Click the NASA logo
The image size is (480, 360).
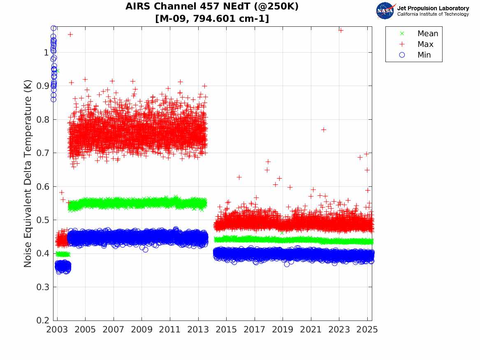point(385,11)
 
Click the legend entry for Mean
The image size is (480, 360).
point(427,34)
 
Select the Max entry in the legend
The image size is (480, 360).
point(425,44)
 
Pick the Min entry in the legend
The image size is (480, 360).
point(424,55)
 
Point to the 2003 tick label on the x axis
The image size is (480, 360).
point(57,330)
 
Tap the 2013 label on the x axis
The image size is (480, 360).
point(198,330)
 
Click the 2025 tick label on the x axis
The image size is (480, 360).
point(367,330)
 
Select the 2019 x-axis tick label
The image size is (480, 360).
point(283,330)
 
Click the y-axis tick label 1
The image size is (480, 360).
point(45,52)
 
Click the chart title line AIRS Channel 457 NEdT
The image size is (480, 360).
point(212,7)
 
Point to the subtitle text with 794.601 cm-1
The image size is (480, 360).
point(212,19)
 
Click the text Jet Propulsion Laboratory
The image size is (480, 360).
point(433,8)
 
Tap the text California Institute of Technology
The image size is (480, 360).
point(433,14)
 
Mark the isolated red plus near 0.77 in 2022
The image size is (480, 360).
point(324,130)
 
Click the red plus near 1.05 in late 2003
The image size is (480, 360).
point(70,35)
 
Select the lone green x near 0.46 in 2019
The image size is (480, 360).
point(282,233)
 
